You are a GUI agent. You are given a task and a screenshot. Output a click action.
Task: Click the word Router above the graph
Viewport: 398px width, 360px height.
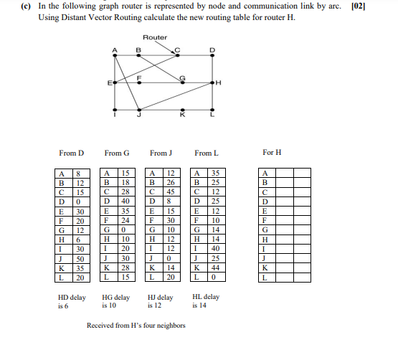pyautogui.click(x=155, y=37)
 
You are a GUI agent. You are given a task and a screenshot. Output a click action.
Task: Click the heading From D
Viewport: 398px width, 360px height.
pyautogui.click(x=72, y=153)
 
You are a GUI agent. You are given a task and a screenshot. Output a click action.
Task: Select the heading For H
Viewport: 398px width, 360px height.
pyautogui.click(x=272, y=153)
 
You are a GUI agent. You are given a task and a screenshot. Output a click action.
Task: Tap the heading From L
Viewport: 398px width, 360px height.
pyautogui.click(x=206, y=153)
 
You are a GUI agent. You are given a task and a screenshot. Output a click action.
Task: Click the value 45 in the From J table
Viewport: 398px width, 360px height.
pyautogui.click(x=171, y=191)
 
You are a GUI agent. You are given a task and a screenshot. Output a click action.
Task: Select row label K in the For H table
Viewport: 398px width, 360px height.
pyautogui.click(x=266, y=267)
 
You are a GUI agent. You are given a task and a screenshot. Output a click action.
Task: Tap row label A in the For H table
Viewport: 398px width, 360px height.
pyautogui.click(x=266, y=173)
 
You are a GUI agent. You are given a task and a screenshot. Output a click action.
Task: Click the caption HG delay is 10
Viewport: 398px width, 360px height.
pyautogui.click(x=116, y=301)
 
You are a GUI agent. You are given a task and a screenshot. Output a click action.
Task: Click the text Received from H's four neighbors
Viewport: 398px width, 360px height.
pyautogui.click(x=136, y=326)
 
